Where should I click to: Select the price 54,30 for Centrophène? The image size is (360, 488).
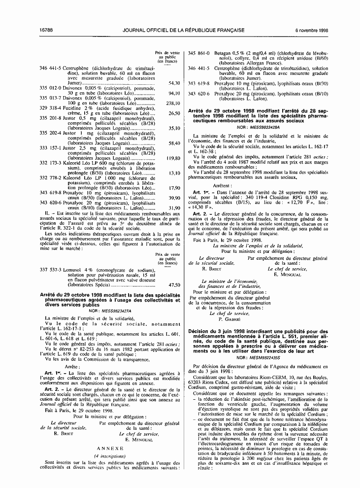point(174,84)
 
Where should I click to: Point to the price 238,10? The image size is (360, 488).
point(173,104)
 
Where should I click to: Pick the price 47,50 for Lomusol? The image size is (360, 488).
point(174,285)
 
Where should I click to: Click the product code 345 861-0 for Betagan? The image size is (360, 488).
point(198,53)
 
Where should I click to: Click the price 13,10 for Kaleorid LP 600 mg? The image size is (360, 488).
point(174,173)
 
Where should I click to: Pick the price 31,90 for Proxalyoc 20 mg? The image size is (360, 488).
point(174,208)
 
